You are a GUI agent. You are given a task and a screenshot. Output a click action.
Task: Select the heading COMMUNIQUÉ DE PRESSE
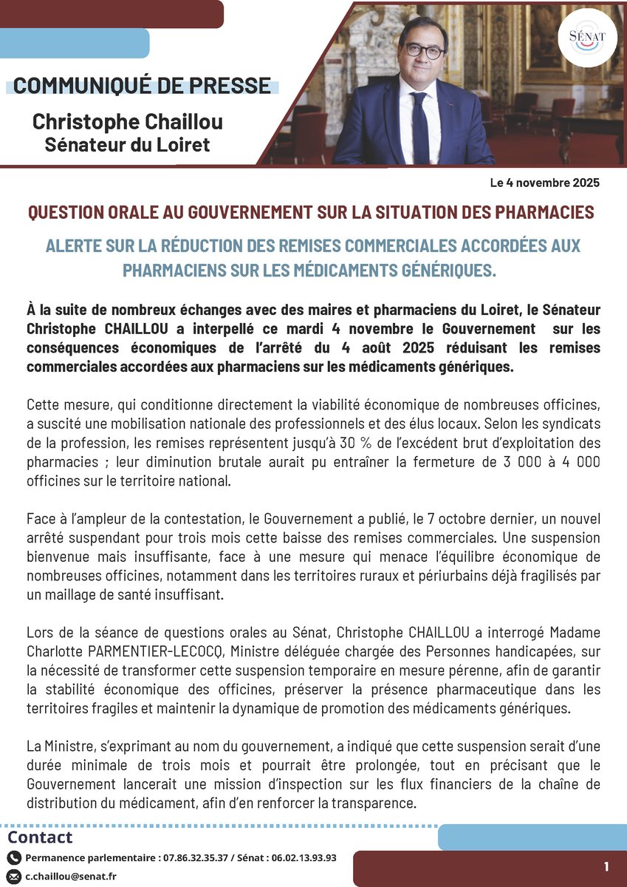[x=142, y=86]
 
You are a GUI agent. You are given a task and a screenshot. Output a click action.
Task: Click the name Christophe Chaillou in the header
[x=127, y=120]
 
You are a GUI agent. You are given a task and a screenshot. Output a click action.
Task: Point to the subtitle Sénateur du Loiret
[x=127, y=144]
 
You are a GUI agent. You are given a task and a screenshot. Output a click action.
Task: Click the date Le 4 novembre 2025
[x=544, y=183]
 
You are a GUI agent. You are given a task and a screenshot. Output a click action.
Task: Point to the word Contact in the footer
[x=41, y=837]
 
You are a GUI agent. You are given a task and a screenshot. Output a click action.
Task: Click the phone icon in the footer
[x=14, y=858]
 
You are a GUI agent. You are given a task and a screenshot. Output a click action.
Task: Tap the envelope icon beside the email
[x=14, y=877]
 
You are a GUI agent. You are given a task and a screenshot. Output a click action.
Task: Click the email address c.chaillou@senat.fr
[x=71, y=877]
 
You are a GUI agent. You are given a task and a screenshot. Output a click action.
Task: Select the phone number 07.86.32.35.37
[x=198, y=858]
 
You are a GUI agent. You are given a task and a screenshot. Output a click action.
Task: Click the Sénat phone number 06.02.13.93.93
[x=301, y=858]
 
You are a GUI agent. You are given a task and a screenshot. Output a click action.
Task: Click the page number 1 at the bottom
[x=606, y=866]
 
